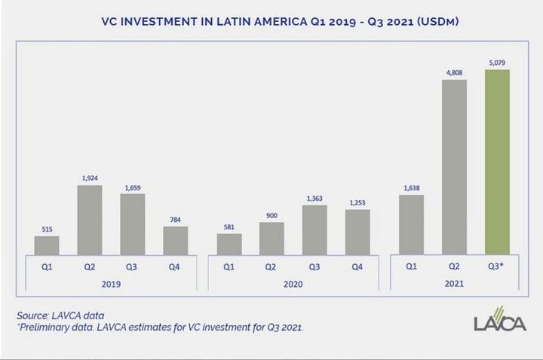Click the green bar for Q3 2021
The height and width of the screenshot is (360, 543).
(x=497, y=162)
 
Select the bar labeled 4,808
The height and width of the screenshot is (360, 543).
(x=454, y=168)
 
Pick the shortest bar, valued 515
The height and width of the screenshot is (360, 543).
(x=47, y=246)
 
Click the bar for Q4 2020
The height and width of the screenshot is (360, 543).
(x=357, y=232)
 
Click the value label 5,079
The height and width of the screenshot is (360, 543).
(x=498, y=64)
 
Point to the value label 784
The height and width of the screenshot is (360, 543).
(x=176, y=221)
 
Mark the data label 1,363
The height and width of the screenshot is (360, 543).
(x=314, y=199)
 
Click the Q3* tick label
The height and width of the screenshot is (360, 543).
(x=498, y=266)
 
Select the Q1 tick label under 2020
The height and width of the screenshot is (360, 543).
(x=229, y=266)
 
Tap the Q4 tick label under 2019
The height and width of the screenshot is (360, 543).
(x=176, y=266)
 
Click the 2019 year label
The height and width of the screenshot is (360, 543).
(x=111, y=285)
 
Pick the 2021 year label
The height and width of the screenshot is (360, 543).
(x=454, y=285)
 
